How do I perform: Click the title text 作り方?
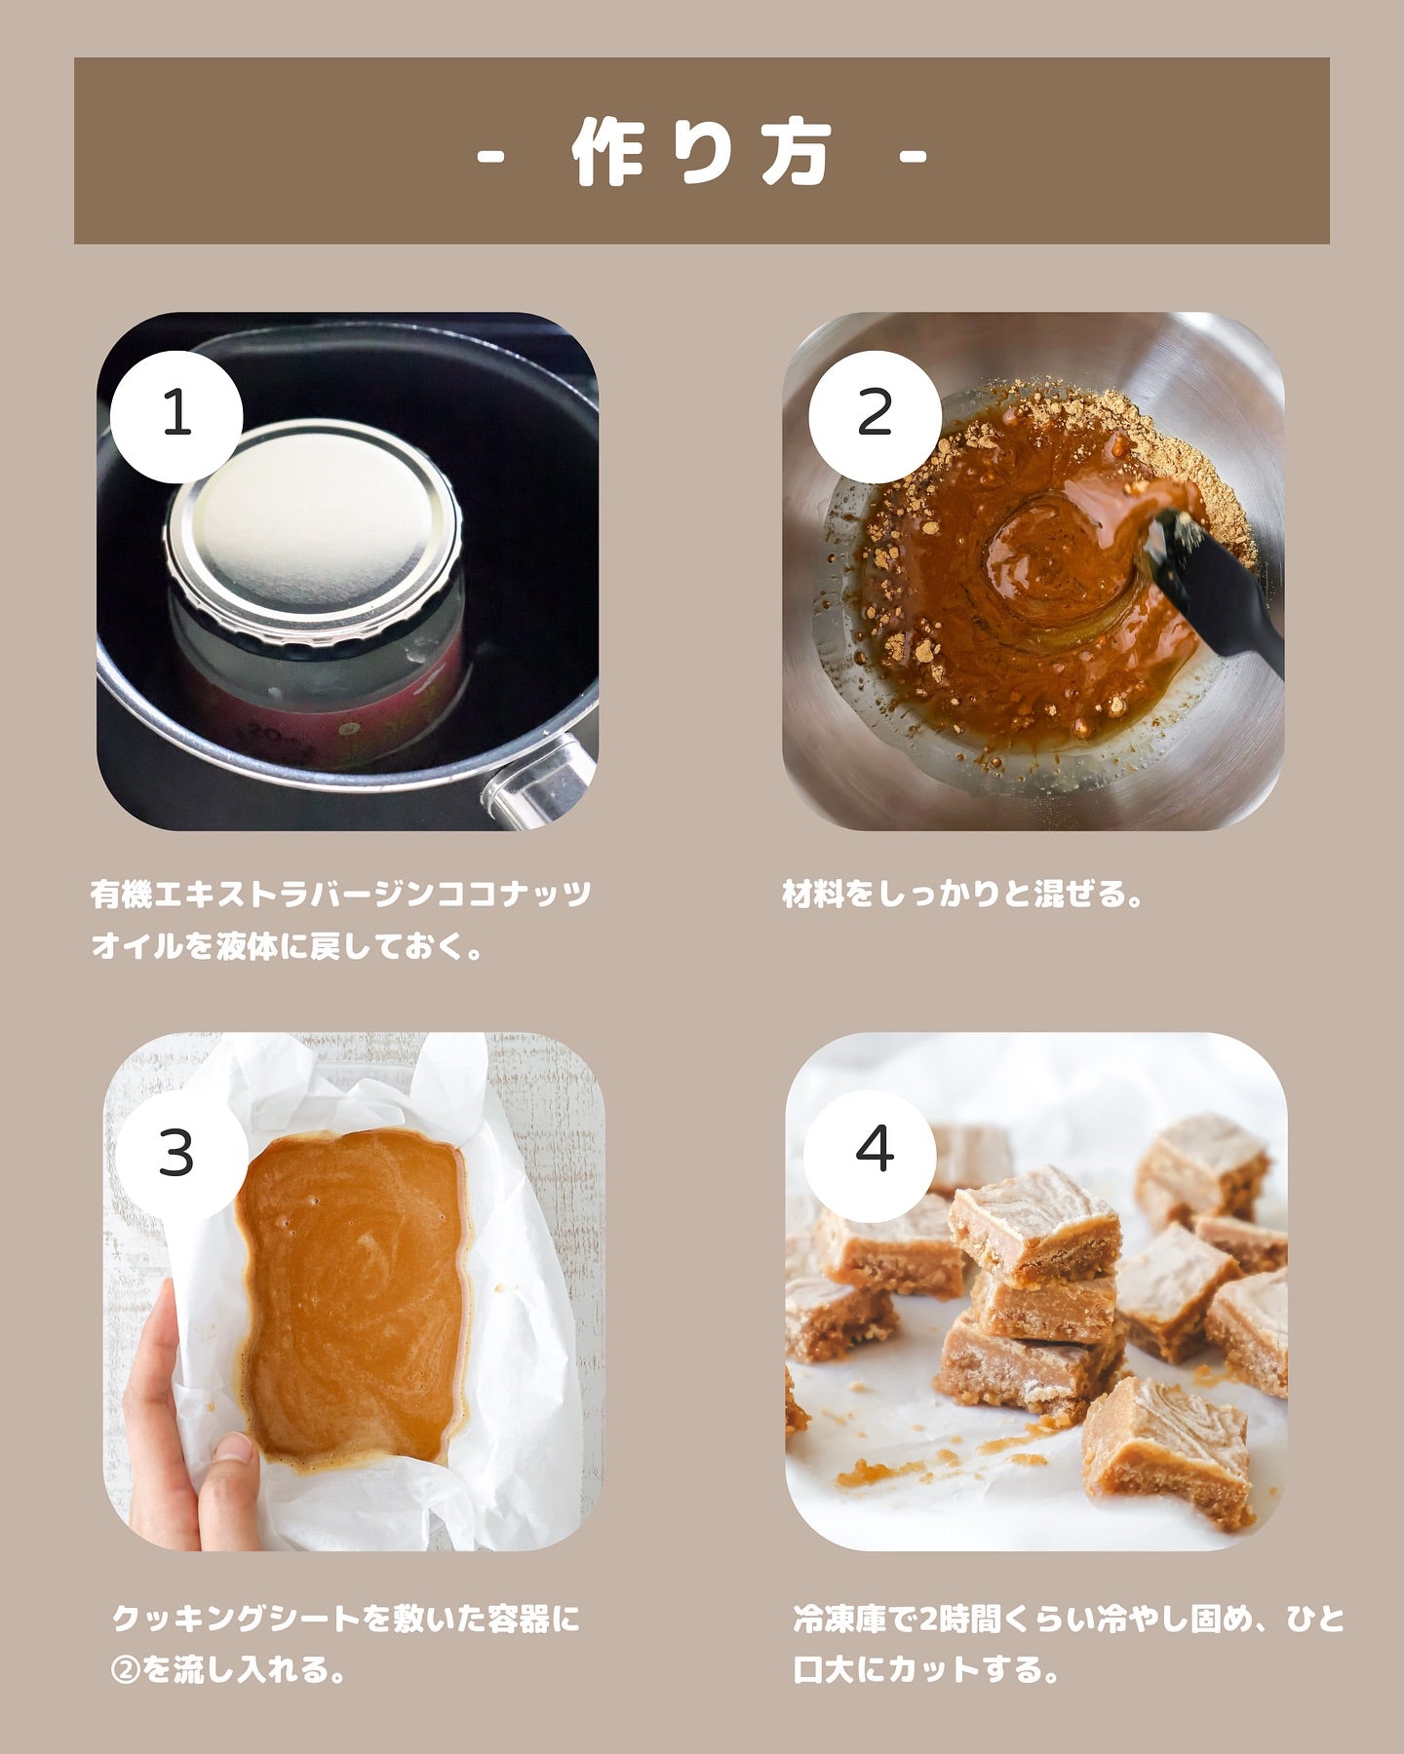pos(702,152)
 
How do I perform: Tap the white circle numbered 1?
pos(176,415)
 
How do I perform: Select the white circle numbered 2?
pos(875,415)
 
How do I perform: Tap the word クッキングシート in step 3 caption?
pos(237,1619)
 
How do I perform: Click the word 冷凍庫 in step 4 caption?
pos(840,1619)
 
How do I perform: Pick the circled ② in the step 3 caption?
pos(127,1670)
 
